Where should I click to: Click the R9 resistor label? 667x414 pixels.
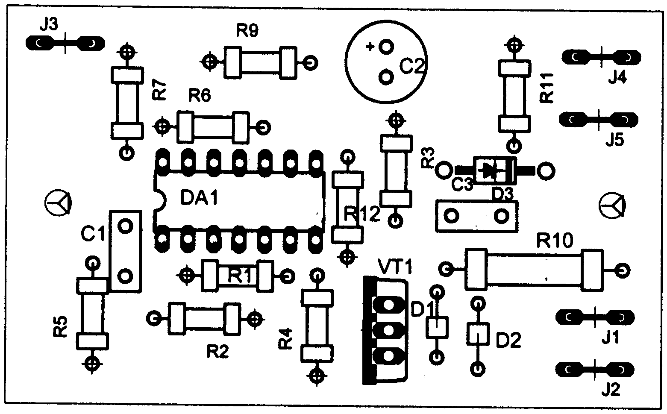click(x=247, y=31)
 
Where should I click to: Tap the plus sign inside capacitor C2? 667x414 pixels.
click(x=370, y=47)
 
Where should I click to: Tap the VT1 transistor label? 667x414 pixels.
click(x=395, y=267)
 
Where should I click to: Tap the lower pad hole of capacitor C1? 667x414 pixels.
click(x=125, y=276)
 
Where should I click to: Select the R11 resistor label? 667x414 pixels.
click(x=547, y=88)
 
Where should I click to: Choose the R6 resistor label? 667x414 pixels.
click(x=200, y=96)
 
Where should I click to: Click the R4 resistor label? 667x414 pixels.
click(x=286, y=338)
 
